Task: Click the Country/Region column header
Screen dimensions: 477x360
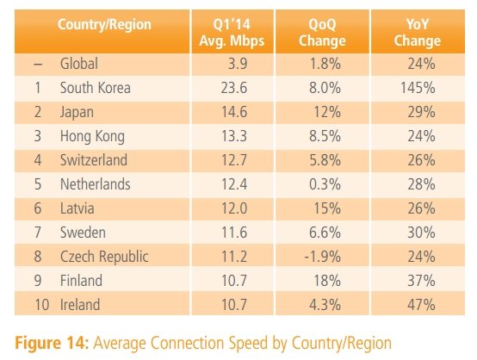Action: click(x=104, y=25)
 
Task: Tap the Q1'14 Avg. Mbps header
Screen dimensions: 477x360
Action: click(x=232, y=33)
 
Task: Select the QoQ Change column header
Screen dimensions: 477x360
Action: click(x=322, y=33)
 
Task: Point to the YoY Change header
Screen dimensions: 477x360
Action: click(x=418, y=33)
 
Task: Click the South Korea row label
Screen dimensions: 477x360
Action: click(x=96, y=88)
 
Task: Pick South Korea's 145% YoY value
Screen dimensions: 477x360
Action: click(x=418, y=88)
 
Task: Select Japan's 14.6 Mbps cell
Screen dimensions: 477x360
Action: click(x=234, y=112)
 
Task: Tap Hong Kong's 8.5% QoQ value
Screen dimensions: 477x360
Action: click(x=325, y=136)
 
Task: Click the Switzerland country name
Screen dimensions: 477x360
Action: click(x=94, y=160)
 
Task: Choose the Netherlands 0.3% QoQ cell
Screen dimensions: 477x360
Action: click(x=325, y=184)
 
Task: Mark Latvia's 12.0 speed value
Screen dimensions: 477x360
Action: click(x=234, y=208)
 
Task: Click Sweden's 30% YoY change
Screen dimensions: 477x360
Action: click(x=421, y=233)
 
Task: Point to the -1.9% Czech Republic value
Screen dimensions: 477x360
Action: click(x=323, y=257)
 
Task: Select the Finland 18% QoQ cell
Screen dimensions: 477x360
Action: click(x=327, y=281)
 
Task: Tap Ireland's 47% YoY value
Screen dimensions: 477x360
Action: click(x=421, y=305)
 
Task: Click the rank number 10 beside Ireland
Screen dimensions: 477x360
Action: click(x=41, y=305)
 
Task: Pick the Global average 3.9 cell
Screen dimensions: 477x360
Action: click(x=238, y=64)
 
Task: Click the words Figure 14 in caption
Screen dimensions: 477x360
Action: click(x=52, y=343)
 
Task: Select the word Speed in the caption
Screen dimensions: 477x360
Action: click(x=248, y=344)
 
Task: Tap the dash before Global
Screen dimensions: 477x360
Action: click(x=38, y=65)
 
